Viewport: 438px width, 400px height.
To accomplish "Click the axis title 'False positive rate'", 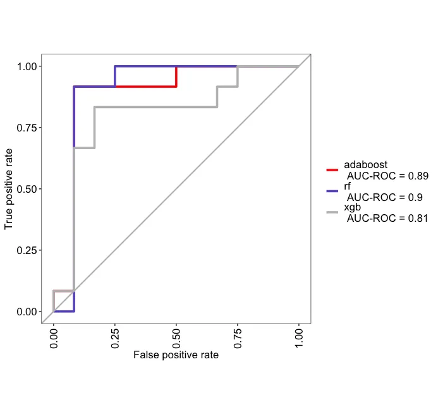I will point(176,355).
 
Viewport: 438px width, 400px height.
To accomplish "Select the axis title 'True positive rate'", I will point(9,189).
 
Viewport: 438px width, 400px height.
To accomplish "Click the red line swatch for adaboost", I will point(332,170).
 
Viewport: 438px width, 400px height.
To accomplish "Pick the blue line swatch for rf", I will point(332,190).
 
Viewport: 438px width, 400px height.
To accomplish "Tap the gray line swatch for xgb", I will point(332,212).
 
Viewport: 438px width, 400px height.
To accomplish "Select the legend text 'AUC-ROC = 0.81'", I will point(387,219).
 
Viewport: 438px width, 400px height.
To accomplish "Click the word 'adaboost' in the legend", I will point(365,165).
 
